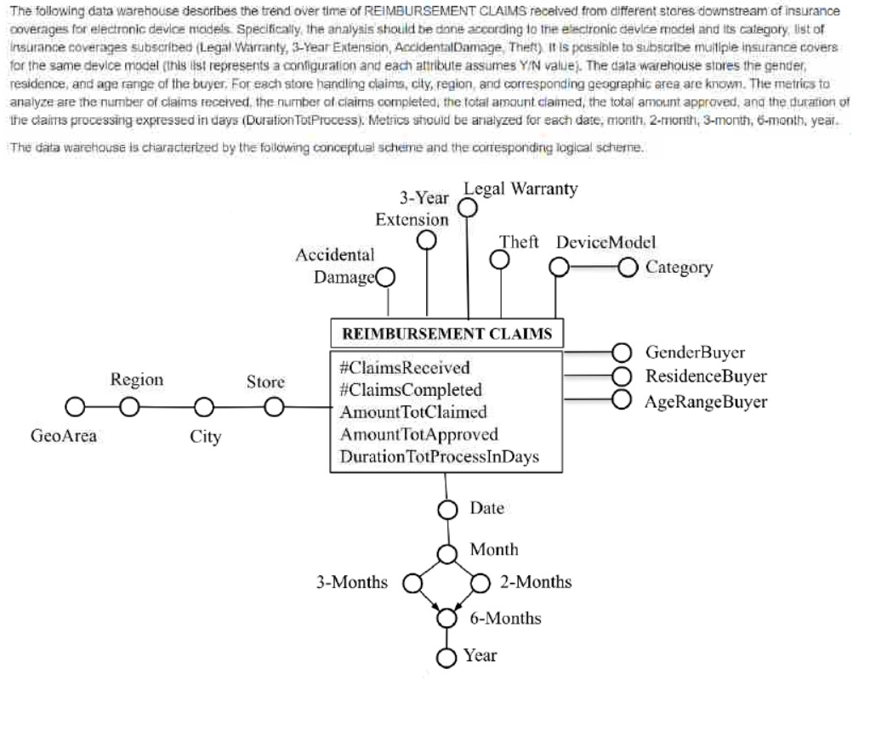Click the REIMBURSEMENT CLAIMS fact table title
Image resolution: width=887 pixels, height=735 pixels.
(446, 334)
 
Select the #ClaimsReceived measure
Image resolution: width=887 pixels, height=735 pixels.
(404, 368)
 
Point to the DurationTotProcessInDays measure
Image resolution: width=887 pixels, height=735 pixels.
(439, 457)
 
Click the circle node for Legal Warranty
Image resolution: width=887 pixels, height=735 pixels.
(467, 206)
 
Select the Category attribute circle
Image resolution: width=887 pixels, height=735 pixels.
(627, 268)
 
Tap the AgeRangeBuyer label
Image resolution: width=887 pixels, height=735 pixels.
(706, 401)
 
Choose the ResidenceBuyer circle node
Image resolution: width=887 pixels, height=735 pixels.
(622, 376)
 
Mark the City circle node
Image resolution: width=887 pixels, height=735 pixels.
(203, 408)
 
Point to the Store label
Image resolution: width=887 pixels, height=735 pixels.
(265, 382)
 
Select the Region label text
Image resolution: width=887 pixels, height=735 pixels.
(137, 380)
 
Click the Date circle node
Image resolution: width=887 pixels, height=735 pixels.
(447, 509)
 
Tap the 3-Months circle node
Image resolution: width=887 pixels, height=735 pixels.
(412, 583)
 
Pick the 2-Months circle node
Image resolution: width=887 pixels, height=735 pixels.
(481, 583)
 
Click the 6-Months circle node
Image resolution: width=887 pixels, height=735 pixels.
(447, 619)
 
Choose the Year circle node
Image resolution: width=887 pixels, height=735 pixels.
(447, 656)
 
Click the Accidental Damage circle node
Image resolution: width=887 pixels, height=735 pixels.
(385, 277)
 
